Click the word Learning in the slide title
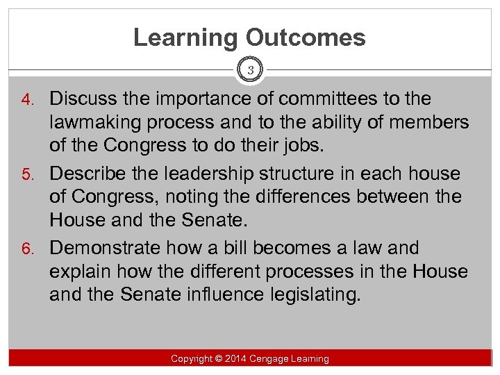[x=182, y=37]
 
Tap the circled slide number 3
[x=250, y=70]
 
